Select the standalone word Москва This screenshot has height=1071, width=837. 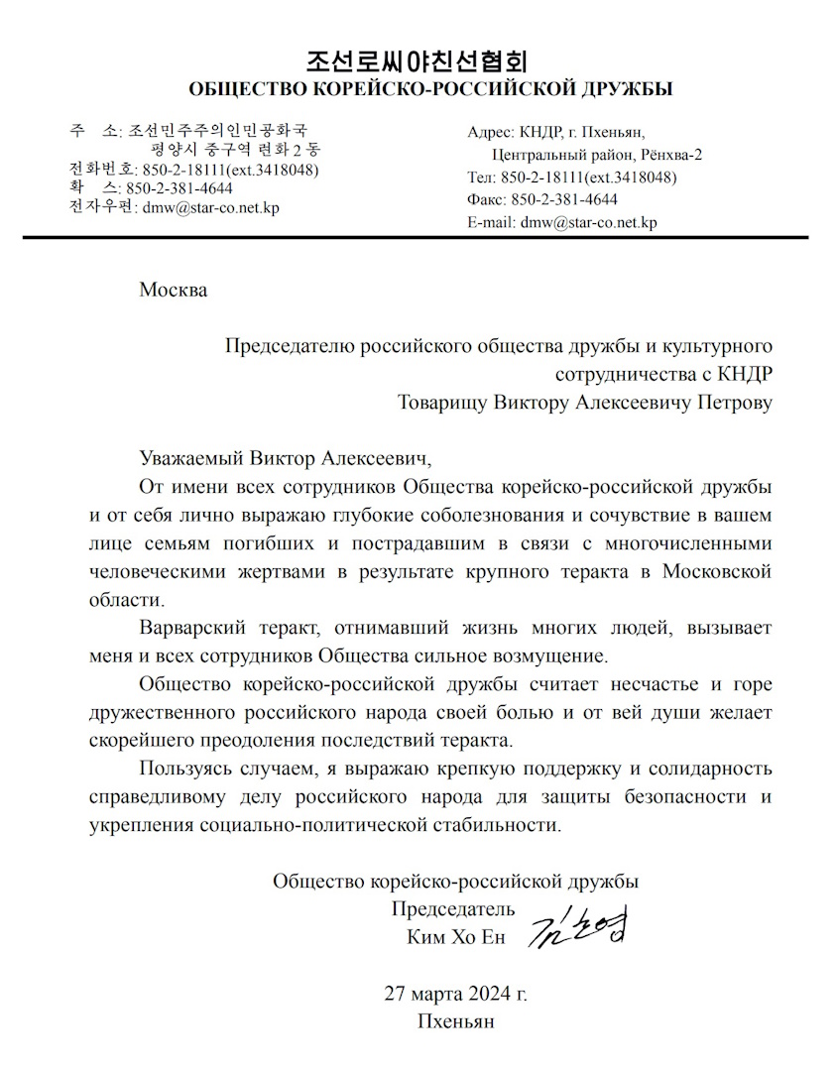[x=174, y=291]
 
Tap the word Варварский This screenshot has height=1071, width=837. [x=189, y=629]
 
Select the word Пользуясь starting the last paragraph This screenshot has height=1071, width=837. [x=185, y=769]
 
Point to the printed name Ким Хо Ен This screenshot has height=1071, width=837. [x=455, y=937]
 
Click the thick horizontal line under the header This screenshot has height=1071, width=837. [x=417, y=238]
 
